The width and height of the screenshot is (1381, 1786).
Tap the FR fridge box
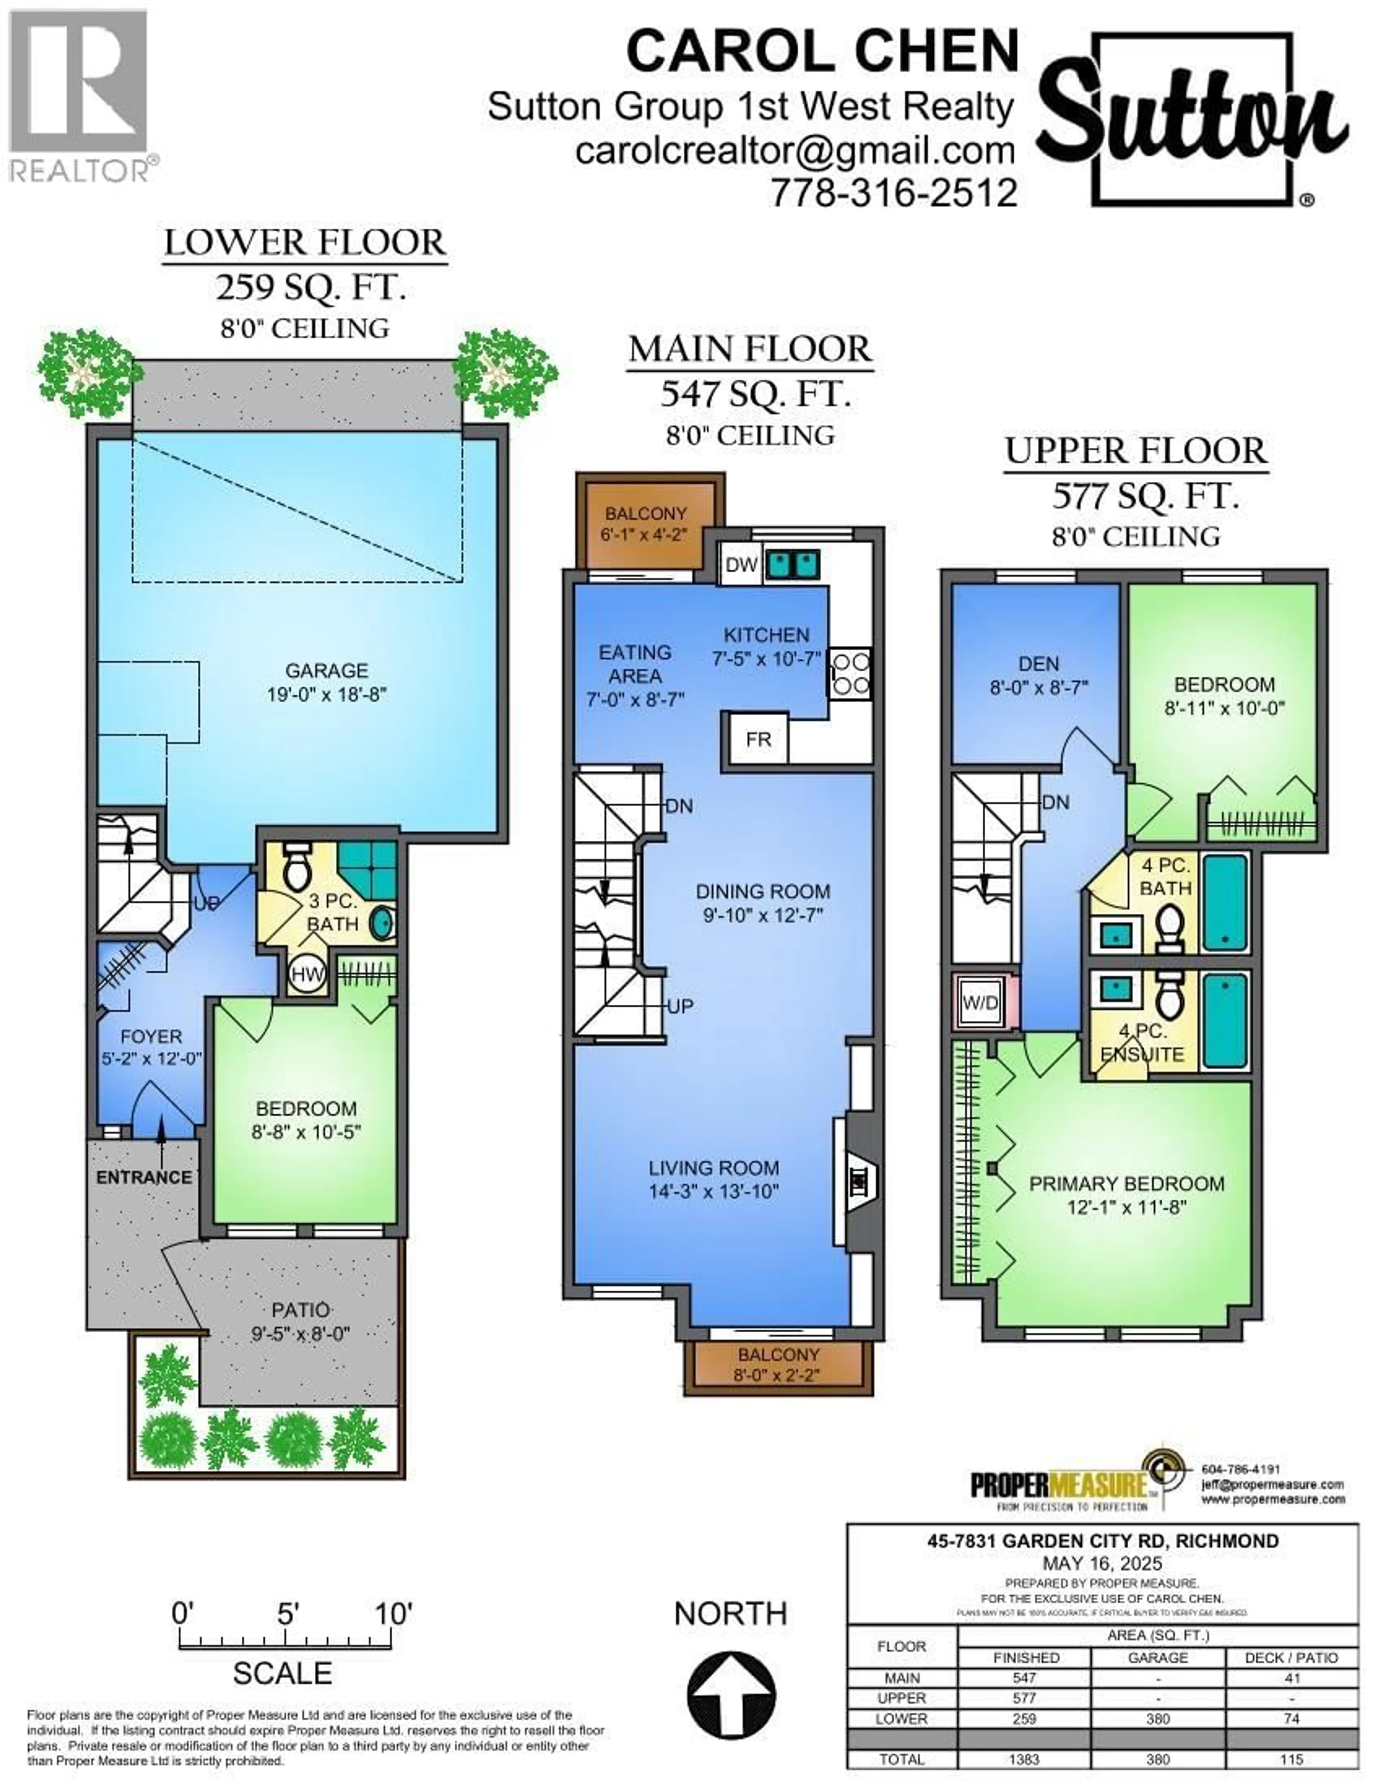[x=758, y=739]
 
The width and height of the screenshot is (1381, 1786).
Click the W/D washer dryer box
[x=979, y=1002]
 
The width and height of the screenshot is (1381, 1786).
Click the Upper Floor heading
[x=1136, y=451]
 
